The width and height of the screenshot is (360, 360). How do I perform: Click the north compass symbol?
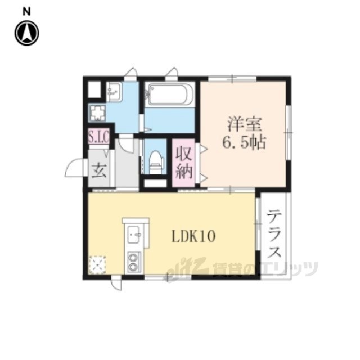point(26,34)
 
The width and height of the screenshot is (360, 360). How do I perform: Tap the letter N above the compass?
point(26,11)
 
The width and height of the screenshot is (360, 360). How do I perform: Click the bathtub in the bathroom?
point(169,93)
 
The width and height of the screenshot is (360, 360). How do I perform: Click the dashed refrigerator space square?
point(97,264)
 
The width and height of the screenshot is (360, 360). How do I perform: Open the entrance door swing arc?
point(75,169)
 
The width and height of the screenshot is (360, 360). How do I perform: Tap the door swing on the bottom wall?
point(116,284)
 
